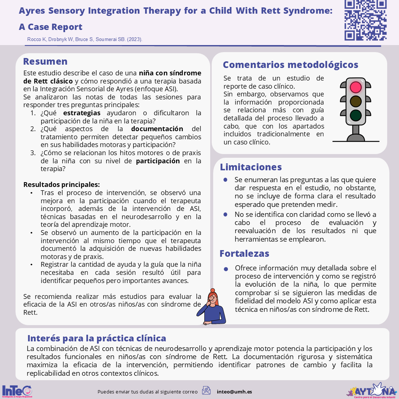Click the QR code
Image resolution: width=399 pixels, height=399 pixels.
[x=365, y=20]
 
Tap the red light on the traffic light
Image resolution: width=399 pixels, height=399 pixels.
[x=356, y=87]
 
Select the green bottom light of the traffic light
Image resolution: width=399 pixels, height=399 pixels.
[x=356, y=115]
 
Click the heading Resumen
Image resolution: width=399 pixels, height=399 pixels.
[x=45, y=61]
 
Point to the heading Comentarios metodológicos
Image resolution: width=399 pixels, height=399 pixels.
[x=290, y=65]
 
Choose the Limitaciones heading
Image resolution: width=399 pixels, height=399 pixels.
[x=251, y=167]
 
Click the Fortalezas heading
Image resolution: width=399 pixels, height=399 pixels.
[x=244, y=253]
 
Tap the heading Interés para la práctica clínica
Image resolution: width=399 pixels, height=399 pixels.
[x=97, y=338]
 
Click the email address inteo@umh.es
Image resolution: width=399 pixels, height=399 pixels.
[x=234, y=392]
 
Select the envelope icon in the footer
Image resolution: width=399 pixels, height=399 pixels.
[x=206, y=391]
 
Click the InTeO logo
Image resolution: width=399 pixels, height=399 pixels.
[x=17, y=391]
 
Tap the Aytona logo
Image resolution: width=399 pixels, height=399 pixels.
[x=371, y=390]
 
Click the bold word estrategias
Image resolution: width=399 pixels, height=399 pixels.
[x=81, y=113]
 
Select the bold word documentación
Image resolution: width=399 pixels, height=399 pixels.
[x=157, y=129]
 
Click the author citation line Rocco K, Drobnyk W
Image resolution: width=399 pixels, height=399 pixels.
[x=85, y=39]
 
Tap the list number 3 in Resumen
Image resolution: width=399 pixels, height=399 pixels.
[x=33, y=153]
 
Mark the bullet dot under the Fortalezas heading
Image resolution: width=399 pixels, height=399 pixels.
[x=225, y=269]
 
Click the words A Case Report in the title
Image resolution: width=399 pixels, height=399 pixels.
[x=51, y=27]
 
